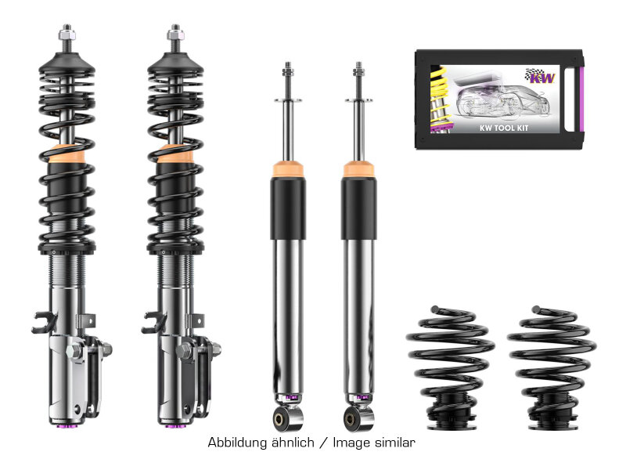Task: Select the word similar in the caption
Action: point(394,443)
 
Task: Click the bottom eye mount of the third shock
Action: point(287,412)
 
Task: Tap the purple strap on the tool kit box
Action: point(581,98)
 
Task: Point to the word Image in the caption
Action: point(349,443)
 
